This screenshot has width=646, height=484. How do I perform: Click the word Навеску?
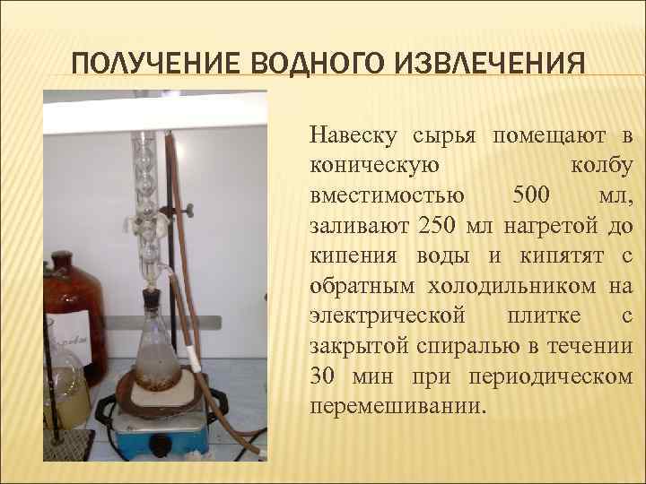(354, 135)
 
